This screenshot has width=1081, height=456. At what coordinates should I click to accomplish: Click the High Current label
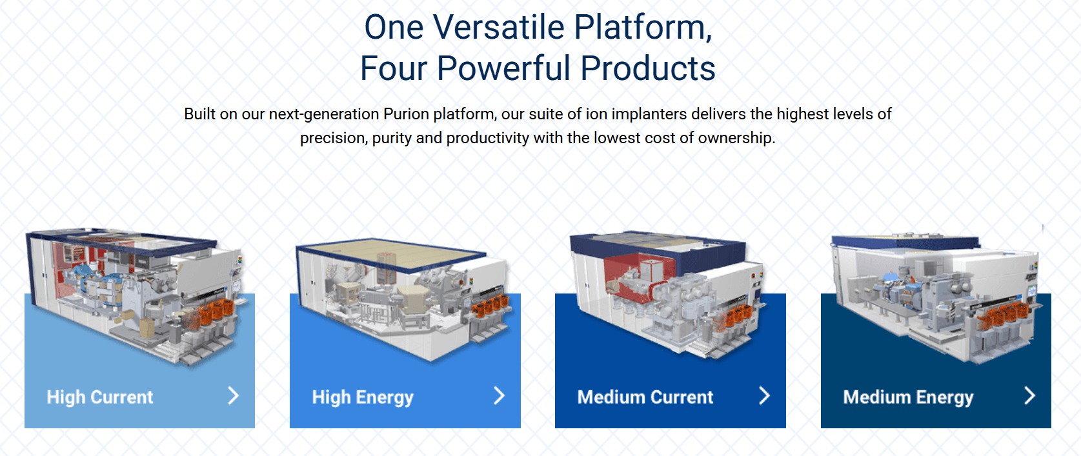click(x=100, y=397)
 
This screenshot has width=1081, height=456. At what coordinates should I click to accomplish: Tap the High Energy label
click(x=363, y=397)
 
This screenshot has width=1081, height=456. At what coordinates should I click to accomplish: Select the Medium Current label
click(x=645, y=397)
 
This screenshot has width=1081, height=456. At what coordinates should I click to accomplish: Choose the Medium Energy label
click(x=908, y=397)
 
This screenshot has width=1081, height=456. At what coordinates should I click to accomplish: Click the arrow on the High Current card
click(x=234, y=395)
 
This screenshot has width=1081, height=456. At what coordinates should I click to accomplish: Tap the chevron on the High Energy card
click(x=500, y=395)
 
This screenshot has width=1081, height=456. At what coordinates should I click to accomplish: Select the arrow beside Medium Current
click(x=764, y=395)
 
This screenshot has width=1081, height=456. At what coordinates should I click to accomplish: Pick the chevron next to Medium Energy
click(x=1030, y=395)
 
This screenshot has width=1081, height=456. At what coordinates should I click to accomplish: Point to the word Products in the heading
click(x=648, y=68)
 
